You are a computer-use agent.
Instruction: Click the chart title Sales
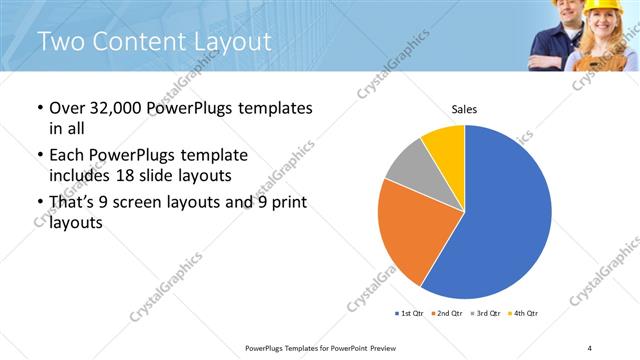click(x=465, y=108)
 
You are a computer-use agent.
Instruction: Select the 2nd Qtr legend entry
click(x=448, y=314)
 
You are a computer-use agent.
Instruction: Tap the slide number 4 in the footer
click(x=590, y=347)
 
